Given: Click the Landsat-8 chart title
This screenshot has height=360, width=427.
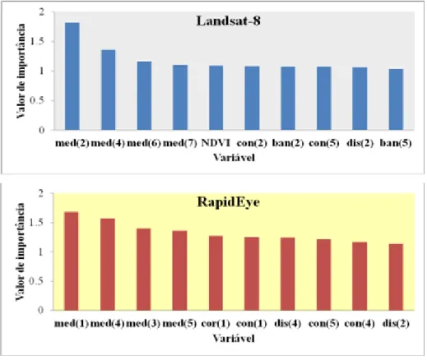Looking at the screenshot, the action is tap(228, 21).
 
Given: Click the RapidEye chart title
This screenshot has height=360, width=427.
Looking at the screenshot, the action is tap(228, 202).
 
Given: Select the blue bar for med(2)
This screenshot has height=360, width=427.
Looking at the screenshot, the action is tap(72, 76).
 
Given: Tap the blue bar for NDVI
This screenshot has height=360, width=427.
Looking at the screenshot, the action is tap(216, 98).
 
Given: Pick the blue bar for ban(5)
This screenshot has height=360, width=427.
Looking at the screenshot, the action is tap(396, 99).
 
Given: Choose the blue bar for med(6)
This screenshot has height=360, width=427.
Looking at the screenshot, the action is tap(144, 95).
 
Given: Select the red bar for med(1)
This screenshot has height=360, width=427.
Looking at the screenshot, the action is tap(72, 261).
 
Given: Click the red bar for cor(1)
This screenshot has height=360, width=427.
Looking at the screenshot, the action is tap(216, 273).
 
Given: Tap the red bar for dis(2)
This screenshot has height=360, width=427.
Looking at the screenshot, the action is tap(396, 277).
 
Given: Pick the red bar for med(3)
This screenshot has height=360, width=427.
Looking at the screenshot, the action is tap(144, 270).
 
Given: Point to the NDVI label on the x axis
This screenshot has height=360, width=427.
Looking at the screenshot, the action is tap(216, 143).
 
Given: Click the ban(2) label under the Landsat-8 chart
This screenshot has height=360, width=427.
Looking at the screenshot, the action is tap(288, 143).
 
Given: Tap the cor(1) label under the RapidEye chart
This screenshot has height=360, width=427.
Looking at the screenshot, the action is tap(216, 324).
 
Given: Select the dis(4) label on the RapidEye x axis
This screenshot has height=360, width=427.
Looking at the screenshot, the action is tap(288, 324).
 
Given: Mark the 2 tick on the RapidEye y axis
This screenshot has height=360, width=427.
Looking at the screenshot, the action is tap(41, 193).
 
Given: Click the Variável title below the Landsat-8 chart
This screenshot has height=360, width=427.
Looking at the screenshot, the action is tap(234, 158).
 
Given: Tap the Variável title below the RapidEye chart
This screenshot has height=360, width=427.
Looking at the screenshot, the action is tap(234, 339).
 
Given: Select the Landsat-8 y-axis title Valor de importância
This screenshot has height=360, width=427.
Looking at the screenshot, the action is tap(21, 71).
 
